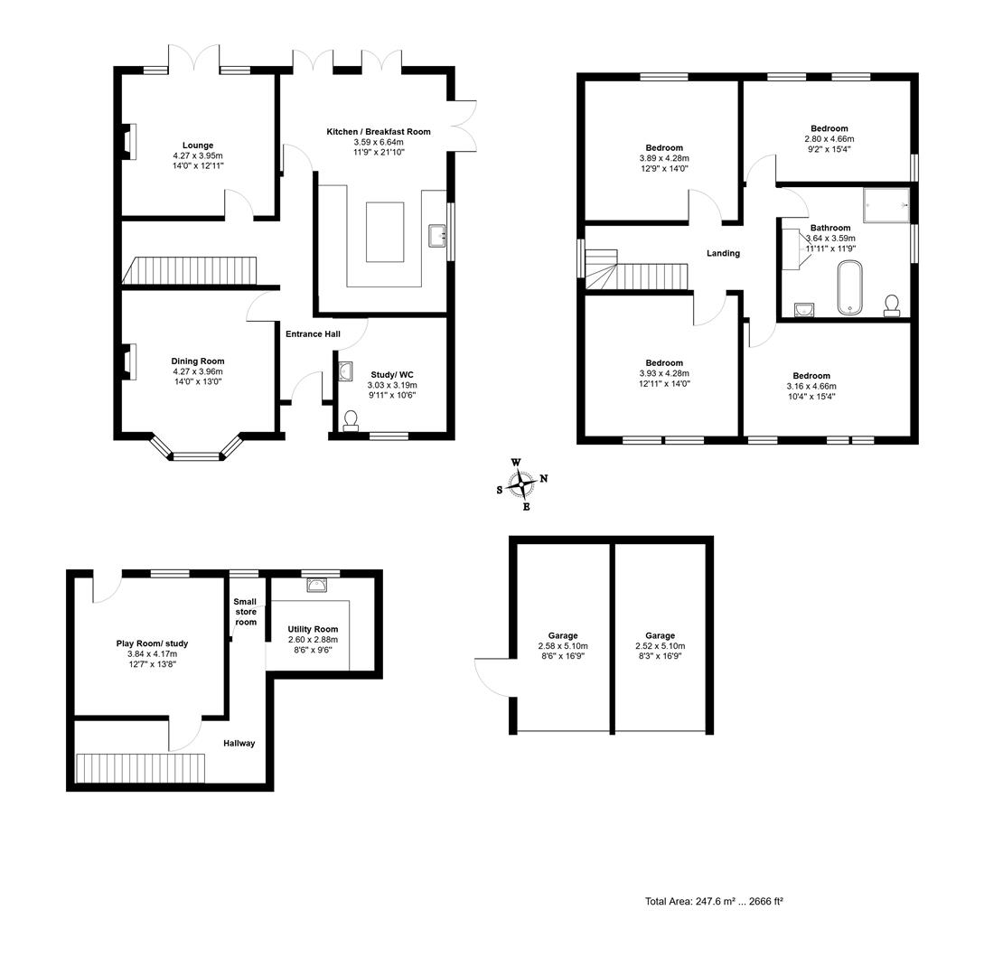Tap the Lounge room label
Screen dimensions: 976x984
(198, 145)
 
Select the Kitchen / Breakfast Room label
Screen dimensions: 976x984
(379, 132)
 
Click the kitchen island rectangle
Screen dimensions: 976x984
(385, 232)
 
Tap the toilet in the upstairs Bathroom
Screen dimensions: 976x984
(892, 305)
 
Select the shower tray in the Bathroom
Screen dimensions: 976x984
(886, 204)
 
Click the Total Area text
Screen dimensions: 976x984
(714, 901)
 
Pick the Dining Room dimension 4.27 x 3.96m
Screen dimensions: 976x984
(198, 371)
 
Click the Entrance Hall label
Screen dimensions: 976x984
(313, 334)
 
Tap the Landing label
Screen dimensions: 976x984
(723, 253)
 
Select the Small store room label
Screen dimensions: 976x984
(246, 612)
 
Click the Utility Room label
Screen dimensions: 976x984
(313, 629)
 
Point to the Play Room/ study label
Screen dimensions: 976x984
(152, 643)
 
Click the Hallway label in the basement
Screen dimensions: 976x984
(239, 743)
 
